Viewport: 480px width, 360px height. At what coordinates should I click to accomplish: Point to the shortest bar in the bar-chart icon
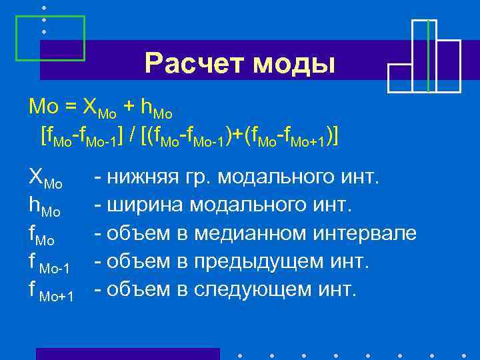[x=399, y=77]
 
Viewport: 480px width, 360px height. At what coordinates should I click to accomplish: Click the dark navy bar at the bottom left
[x=127, y=353]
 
